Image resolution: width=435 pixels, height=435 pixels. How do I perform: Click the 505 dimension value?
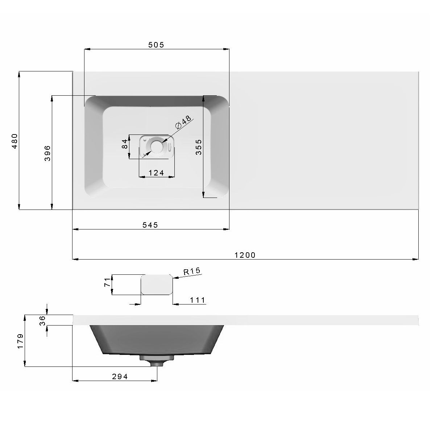click(x=156, y=45)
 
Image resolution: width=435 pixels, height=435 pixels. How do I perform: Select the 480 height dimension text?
click(x=14, y=141)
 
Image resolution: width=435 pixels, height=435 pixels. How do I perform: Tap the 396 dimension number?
click(x=47, y=153)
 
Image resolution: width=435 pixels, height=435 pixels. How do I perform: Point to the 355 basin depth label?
click(x=198, y=147)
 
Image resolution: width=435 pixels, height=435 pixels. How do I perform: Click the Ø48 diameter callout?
click(x=183, y=122)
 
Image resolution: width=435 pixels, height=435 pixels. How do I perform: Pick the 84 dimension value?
click(x=125, y=144)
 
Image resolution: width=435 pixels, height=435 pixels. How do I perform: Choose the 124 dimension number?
click(x=156, y=173)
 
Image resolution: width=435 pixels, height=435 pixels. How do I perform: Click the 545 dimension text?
click(x=150, y=225)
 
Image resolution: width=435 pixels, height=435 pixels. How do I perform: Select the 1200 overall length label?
click(x=245, y=255)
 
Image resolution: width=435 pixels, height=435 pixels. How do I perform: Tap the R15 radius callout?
click(x=192, y=271)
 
